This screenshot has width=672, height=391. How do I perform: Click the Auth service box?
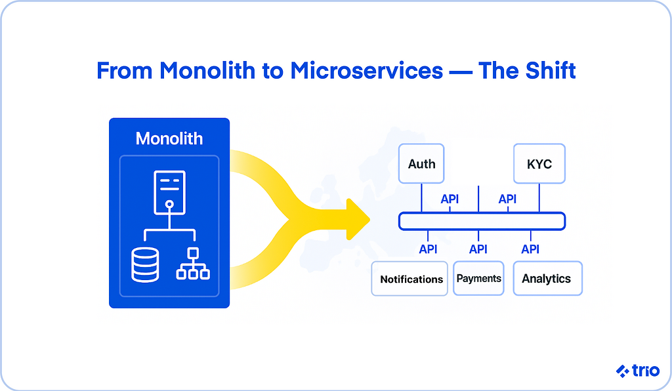[421, 163]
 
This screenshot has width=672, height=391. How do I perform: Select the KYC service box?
[539, 163]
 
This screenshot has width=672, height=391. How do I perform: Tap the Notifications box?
[411, 279]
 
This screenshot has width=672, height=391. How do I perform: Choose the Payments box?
[478, 278]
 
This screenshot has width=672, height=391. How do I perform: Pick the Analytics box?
[547, 278]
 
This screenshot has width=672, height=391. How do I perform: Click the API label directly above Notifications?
[428, 249]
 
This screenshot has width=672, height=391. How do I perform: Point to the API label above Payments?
[478, 249]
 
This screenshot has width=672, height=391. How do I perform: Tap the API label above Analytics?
[530, 249]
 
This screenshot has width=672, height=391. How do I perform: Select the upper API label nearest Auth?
[450, 199]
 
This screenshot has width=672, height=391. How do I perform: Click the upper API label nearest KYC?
[507, 199]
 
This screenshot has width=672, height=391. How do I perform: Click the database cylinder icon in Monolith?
[145, 264]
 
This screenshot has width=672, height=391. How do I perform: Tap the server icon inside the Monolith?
[169, 192]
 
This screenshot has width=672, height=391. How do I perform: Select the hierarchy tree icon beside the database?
[193, 264]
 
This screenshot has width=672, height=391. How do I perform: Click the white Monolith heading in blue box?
[169, 138]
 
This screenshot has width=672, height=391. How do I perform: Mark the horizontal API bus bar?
[482, 221]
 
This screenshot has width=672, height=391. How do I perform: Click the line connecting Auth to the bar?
[421, 197]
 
